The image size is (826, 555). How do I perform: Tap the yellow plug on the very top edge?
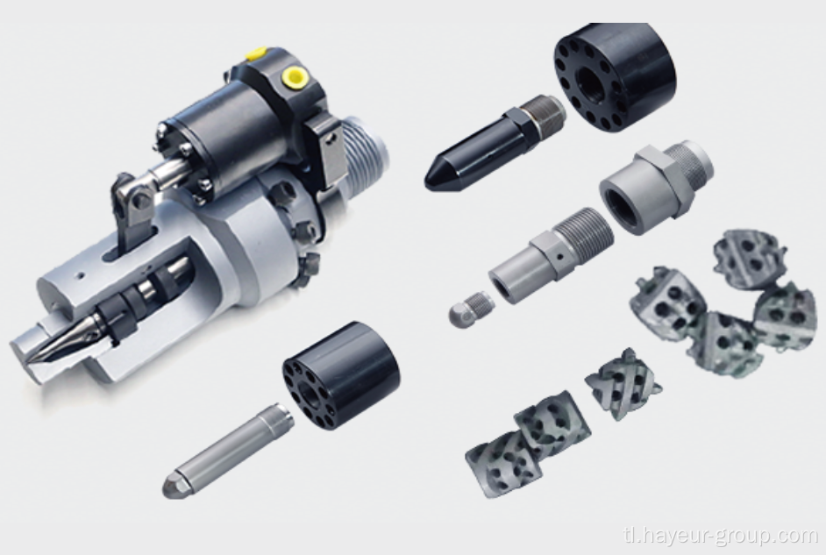pyautogui.click(x=256, y=54)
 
